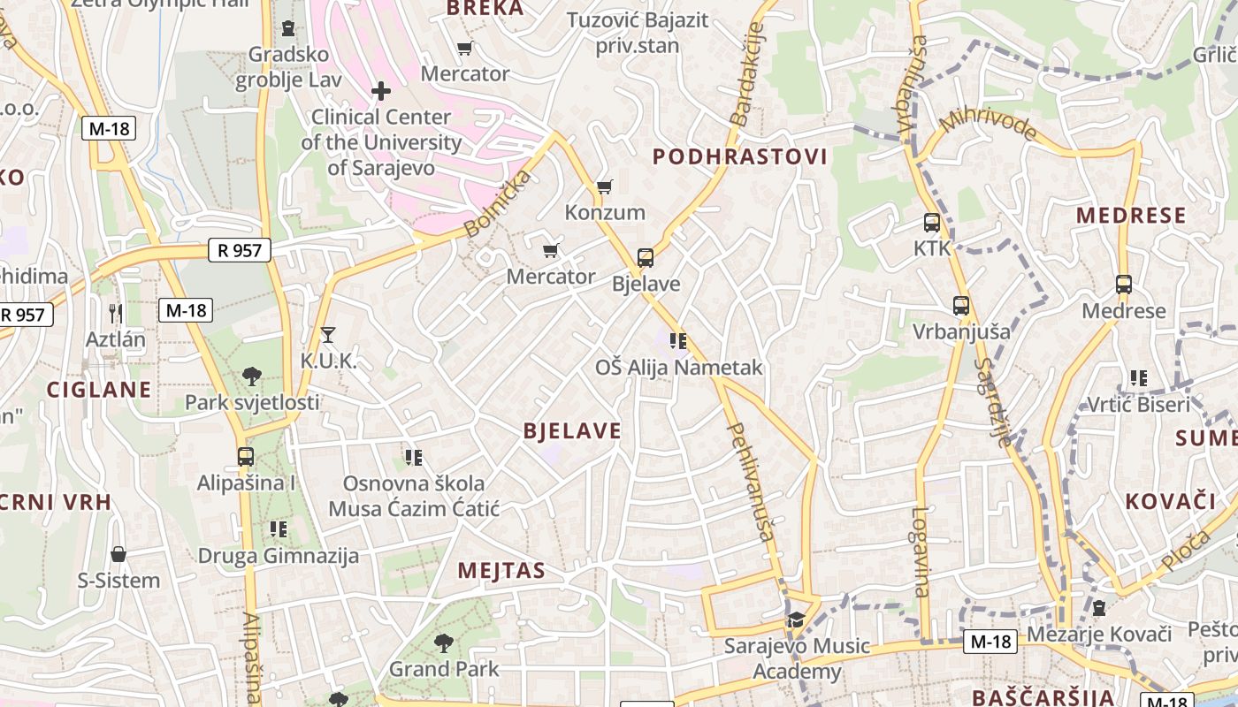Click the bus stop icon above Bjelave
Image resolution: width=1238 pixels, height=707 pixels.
tap(646, 258)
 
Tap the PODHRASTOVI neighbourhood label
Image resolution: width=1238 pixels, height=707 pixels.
tap(740, 157)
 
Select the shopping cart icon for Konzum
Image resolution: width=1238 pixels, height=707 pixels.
tap(604, 186)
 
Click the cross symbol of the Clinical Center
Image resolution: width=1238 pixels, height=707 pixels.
tap(381, 91)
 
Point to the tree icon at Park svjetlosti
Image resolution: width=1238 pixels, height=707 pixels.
tap(252, 376)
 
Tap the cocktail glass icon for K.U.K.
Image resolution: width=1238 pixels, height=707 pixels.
tap(328, 334)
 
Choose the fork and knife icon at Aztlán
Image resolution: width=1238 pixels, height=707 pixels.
tap(115, 313)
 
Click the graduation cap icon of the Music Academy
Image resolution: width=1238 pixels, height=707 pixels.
tap(796, 620)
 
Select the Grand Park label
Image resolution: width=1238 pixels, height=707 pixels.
tap(444, 669)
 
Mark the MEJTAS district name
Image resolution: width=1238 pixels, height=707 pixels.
tap(501, 571)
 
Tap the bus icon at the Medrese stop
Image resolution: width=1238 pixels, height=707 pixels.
tap(1124, 285)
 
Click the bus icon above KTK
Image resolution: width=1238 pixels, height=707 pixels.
tap(932, 223)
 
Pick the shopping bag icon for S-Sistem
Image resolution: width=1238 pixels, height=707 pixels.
tap(118, 554)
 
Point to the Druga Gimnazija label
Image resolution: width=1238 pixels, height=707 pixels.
tap(278, 556)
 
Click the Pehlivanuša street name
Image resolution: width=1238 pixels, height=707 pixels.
tap(751, 481)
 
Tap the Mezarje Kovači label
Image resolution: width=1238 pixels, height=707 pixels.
tap(1098, 634)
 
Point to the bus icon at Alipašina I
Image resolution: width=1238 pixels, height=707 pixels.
tap(246, 457)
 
